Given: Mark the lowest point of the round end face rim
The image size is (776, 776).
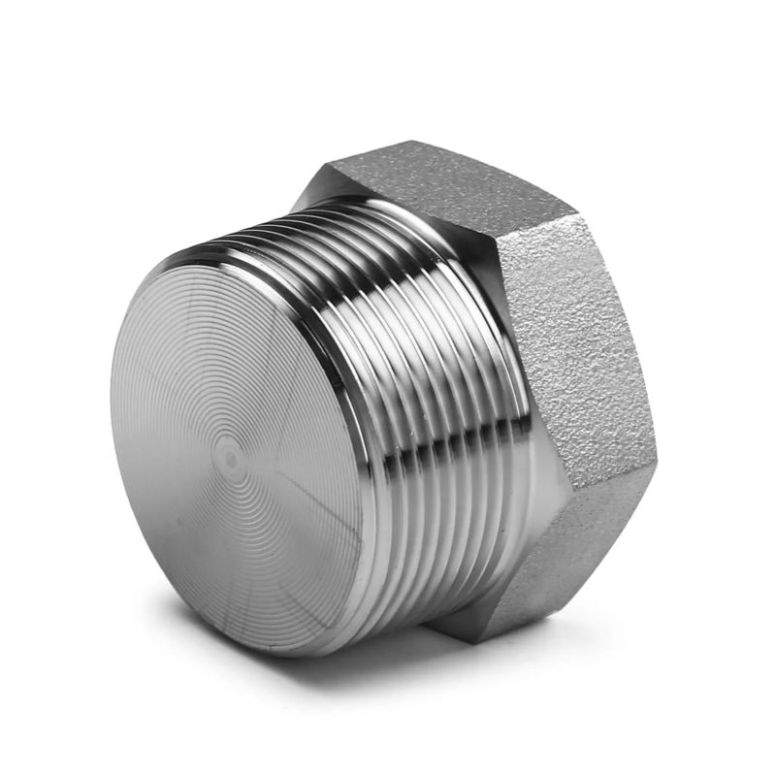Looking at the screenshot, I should tap(281, 656).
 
